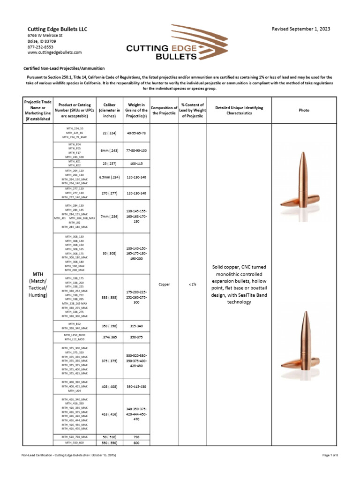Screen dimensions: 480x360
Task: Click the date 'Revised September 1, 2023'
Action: [x=301, y=29]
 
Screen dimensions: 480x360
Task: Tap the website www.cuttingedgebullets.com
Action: [x=54, y=52]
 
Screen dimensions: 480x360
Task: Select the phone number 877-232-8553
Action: [x=40, y=47]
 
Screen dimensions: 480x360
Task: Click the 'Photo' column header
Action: [x=304, y=110]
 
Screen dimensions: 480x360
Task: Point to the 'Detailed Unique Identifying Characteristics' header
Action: [x=239, y=110]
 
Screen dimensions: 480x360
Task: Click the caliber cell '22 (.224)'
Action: [x=109, y=133]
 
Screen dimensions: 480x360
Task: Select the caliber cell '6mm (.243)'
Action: [x=109, y=150]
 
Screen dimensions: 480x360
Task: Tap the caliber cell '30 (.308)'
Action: [x=109, y=254]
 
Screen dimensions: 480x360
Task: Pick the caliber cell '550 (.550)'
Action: [x=109, y=442]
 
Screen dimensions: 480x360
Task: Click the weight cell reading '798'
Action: [x=136, y=436]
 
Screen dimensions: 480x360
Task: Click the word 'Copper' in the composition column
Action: [x=165, y=284]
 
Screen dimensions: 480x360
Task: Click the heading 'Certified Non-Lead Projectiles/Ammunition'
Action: [x=64, y=68]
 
